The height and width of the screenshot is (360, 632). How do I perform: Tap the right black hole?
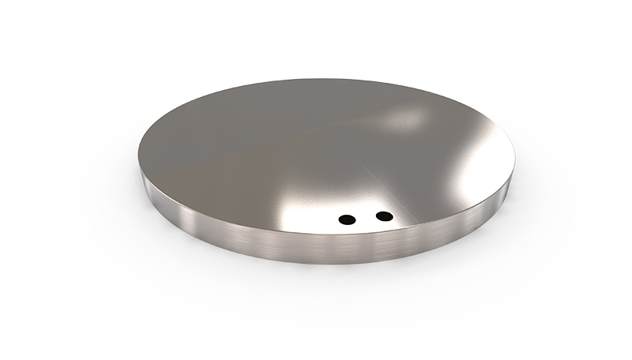(384, 215)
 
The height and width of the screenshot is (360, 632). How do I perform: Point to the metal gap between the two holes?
(365, 217)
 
